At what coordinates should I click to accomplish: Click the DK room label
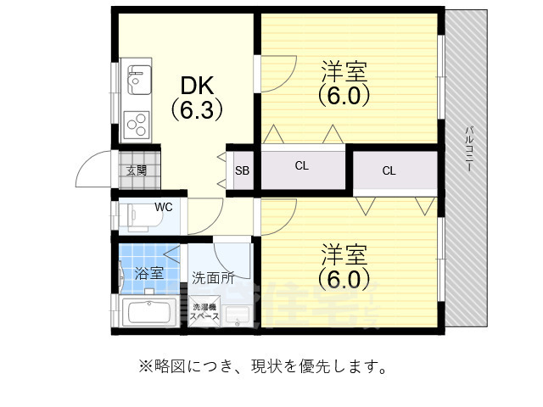[x=197, y=86]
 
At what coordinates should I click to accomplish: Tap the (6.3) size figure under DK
[x=197, y=109]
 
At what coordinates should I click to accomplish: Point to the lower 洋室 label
[x=344, y=254]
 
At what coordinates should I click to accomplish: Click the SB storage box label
[x=243, y=170]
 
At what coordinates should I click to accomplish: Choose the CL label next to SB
[x=301, y=166]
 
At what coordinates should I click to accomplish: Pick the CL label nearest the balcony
[x=389, y=171]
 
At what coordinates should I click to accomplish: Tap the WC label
[x=163, y=206]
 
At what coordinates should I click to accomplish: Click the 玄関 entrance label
[x=137, y=170]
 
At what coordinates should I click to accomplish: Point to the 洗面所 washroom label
[x=212, y=276]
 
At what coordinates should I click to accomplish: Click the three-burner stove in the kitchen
[x=137, y=125]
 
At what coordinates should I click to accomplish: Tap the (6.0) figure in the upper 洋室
[x=344, y=95]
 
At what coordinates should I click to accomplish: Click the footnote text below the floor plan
[x=264, y=367]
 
